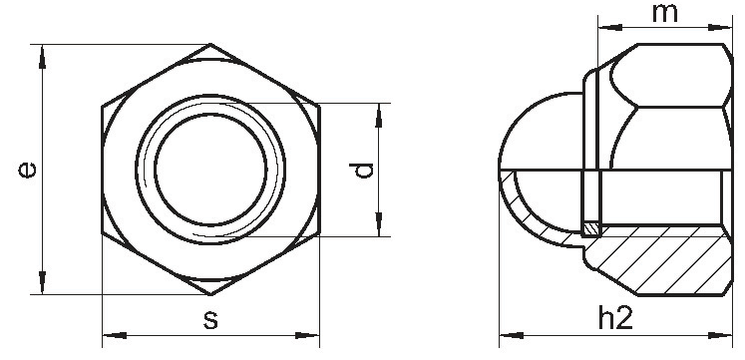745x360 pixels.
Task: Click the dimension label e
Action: (27, 170)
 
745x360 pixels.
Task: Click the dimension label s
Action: (210, 320)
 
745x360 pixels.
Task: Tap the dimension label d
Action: (362, 170)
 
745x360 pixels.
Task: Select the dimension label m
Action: (664, 13)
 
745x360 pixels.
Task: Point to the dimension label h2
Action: (615, 318)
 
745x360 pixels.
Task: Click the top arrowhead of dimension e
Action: (42, 57)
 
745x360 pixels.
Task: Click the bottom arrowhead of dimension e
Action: (42, 282)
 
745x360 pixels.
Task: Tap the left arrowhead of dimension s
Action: (115, 335)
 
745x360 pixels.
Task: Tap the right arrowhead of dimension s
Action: (307, 335)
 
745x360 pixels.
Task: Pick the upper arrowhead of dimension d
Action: (379, 116)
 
